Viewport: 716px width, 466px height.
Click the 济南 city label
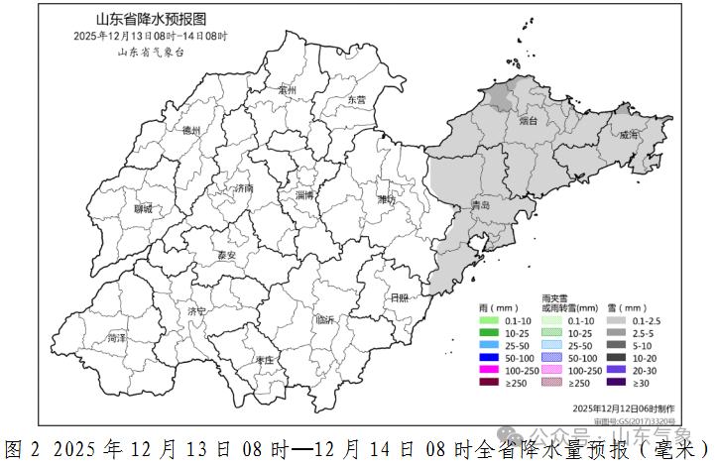pyautogui.click(x=241, y=187)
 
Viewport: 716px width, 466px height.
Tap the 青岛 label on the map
pyautogui.click(x=481, y=205)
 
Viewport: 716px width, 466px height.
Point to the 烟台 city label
pyautogui.click(x=527, y=120)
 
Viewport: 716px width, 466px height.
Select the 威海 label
pyautogui.click(x=629, y=136)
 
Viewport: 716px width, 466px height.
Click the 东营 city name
pyautogui.click(x=356, y=99)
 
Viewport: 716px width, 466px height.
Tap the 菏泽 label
pyautogui.click(x=117, y=338)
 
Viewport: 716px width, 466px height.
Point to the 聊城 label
pyautogui.click(x=144, y=208)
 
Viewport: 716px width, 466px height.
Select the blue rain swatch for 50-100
pyautogui.click(x=487, y=357)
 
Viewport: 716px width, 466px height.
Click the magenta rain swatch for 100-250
pyautogui.click(x=487, y=369)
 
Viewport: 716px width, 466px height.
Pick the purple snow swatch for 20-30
pyautogui.click(x=616, y=369)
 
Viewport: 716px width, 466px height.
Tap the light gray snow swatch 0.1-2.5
pyautogui.click(x=616, y=320)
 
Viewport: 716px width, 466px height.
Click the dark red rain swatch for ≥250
pyautogui.click(x=487, y=382)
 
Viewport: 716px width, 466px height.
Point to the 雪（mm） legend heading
pyautogui.click(x=626, y=307)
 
